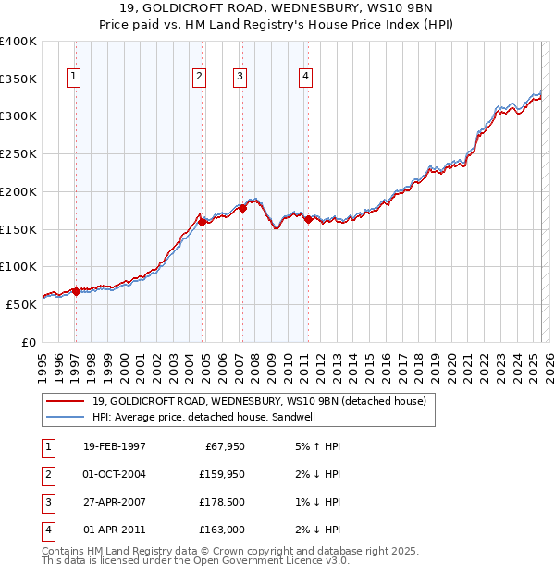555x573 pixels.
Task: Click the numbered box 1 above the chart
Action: pyautogui.click(x=73, y=77)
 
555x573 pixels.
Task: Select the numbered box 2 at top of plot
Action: pyautogui.click(x=199, y=77)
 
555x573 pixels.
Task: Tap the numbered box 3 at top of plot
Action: pyautogui.click(x=240, y=77)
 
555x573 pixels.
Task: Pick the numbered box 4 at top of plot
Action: pyautogui.click(x=305, y=77)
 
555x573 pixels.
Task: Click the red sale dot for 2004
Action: pyautogui.click(x=202, y=222)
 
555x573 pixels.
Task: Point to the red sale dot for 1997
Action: pyautogui.click(x=76, y=291)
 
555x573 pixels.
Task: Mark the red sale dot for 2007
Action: pyautogui.click(x=242, y=208)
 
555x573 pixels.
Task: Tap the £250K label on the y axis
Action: pyautogui.click(x=18, y=154)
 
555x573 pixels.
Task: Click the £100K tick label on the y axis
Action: pyautogui.click(x=18, y=267)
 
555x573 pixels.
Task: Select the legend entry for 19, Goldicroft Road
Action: pyautogui.click(x=259, y=401)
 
